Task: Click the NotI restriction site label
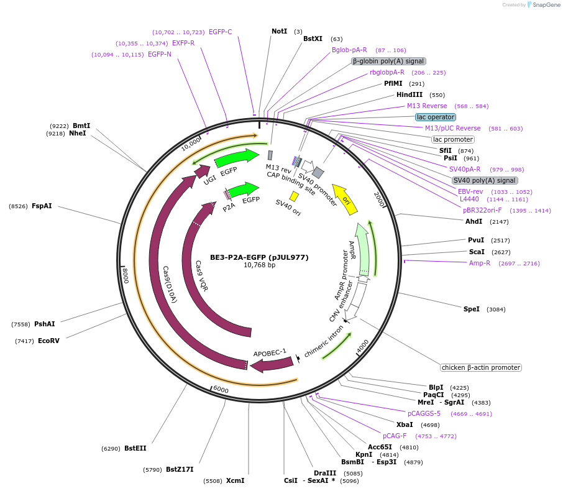point(280,31)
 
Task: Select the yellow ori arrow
point(345,200)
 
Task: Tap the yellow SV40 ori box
point(294,196)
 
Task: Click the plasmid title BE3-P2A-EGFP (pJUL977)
point(259,257)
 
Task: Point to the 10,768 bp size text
point(259,265)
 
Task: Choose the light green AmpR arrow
point(362,248)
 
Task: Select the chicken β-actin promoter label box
point(481,367)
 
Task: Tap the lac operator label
point(436,117)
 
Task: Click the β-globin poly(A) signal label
point(388,61)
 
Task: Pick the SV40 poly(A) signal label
point(485,180)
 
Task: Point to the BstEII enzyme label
point(135,448)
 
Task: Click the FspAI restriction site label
point(42,206)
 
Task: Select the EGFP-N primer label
point(160,54)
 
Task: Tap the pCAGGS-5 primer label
point(424,413)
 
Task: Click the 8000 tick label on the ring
point(125,275)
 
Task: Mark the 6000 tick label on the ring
point(221,389)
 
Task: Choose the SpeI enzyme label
point(472,309)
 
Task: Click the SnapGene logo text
point(546,5)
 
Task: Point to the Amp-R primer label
point(479,263)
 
